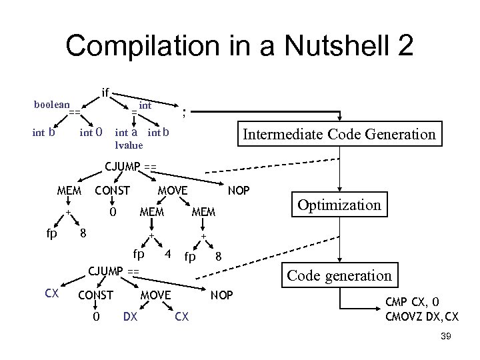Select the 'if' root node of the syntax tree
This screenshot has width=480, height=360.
pyautogui.click(x=105, y=91)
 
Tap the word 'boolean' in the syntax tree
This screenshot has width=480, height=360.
pyautogui.click(x=51, y=104)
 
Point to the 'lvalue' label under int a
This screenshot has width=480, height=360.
pyautogui.click(x=129, y=144)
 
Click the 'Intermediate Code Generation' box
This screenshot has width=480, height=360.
pyautogui.click(x=339, y=134)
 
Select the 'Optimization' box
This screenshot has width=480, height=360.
pyautogui.click(x=339, y=205)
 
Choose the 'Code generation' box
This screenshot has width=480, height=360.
pyautogui.click(x=339, y=275)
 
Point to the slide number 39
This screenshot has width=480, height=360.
pyautogui.click(x=446, y=337)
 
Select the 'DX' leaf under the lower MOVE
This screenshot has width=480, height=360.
pyautogui.click(x=131, y=317)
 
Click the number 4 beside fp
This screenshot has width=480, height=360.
pyautogui.click(x=169, y=253)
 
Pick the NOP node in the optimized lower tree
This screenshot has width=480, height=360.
pyautogui.click(x=222, y=294)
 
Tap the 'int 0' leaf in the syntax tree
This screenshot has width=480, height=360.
pyautogui.click(x=91, y=132)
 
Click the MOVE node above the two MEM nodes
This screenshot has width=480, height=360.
pyautogui.click(x=172, y=191)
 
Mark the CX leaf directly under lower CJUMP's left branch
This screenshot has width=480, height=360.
pyautogui.click(x=51, y=294)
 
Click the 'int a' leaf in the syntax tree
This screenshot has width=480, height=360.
pyautogui.click(x=127, y=132)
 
